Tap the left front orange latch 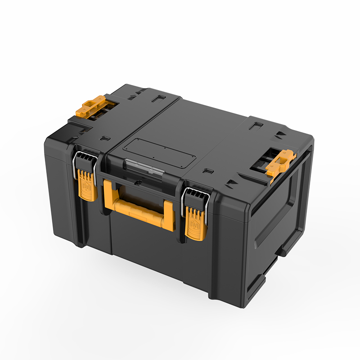[x=88, y=185]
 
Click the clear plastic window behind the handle [x=143, y=169]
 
